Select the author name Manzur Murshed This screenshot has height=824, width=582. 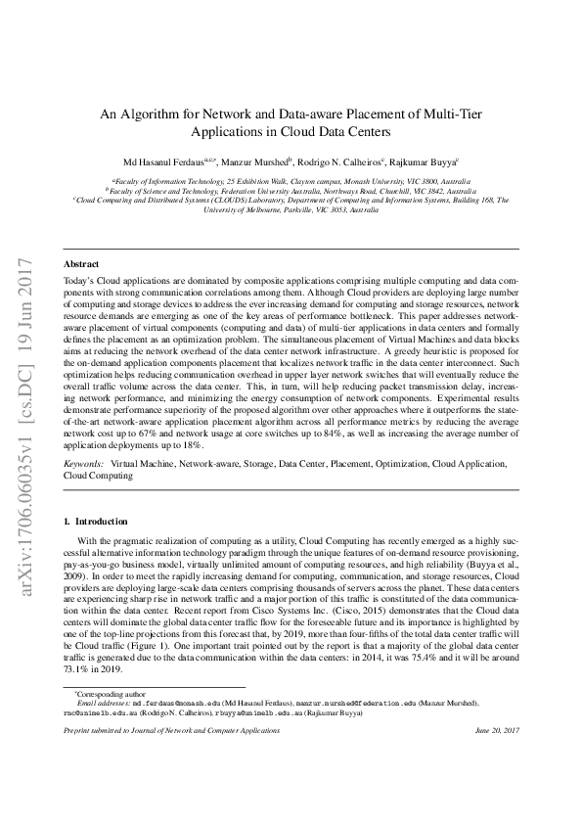[x=256, y=160]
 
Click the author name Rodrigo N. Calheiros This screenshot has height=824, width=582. [x=344, y=160]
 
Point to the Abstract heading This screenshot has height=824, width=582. [x=80, y=264]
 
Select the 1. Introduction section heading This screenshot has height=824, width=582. [x=95, y=522]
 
